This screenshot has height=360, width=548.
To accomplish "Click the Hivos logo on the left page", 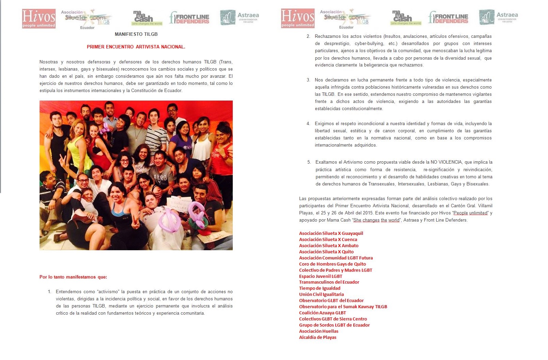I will pyautogui.click(x=39, y=18).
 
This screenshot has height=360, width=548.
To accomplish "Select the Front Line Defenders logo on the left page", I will pyautogui.click(x=189, y=18).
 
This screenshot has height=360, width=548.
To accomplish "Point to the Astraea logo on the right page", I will pyautogui.click(x=498, y=17).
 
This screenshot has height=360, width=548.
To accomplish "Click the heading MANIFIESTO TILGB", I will pyautogui.click(x=136, y=34).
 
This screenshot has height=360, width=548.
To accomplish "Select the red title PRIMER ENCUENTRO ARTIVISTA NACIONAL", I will pyautogui.click(x=136, y=47).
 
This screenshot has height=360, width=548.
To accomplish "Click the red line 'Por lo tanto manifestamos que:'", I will pyautogui.click(x=73, y=277).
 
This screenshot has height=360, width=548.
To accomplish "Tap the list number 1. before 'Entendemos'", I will pyautogui.click(x=49, y=291).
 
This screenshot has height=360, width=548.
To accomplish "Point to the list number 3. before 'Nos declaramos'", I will pyautogui.click(x=308, y=80).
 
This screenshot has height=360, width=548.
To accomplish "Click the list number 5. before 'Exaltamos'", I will pyautogui.click(x=309, y=162).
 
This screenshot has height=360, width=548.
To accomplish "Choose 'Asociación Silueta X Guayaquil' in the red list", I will pyautogui.click(x=331, y=233).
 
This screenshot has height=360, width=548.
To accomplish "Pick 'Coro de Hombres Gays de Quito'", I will pyautogui.click(x=332, y=264).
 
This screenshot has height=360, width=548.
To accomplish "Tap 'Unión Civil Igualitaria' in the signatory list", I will pyautogui.click(x=321, y=294).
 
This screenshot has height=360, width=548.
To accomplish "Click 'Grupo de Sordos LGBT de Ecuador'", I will pyautogui.click(x=334, y=325).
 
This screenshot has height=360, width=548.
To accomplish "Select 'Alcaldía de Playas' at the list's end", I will pyautogui.click(x=318, y=337).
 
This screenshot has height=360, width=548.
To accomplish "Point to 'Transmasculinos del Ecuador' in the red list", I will pyautogui.click(x=329, y=282).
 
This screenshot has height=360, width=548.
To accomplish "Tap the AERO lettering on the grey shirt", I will pyautogui.click(x=160, y=178).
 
